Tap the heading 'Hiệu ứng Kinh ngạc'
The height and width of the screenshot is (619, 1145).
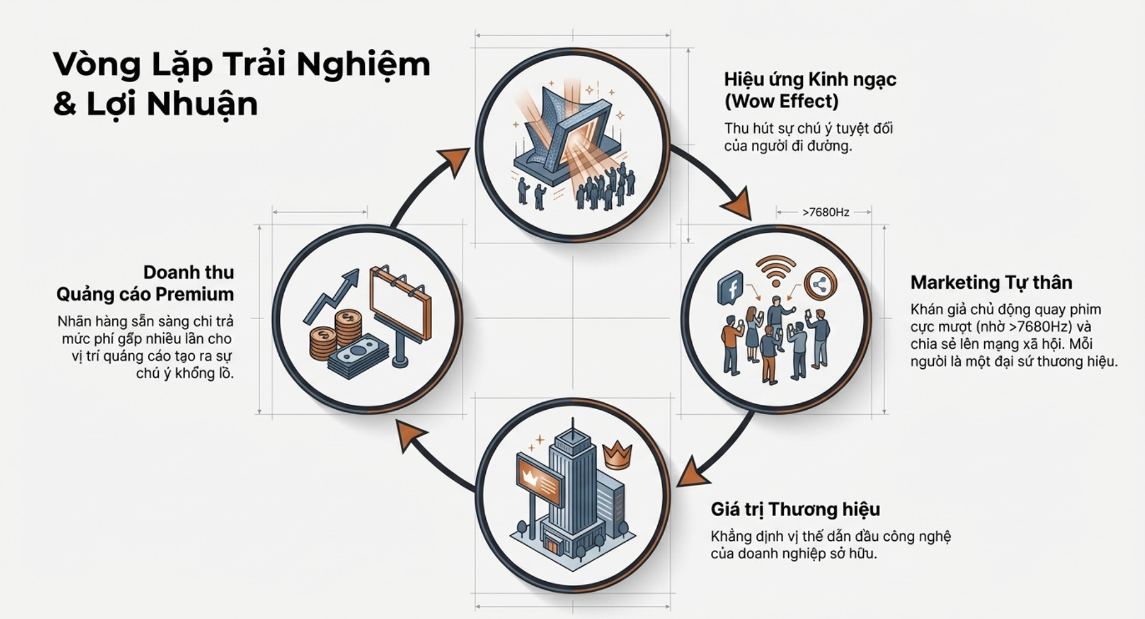[810, 79]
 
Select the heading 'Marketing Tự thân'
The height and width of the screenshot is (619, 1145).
[991, 282]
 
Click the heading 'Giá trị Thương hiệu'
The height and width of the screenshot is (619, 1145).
[795, 509]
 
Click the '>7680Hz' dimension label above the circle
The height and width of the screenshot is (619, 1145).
[825, 212]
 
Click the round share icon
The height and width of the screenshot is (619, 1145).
[820, 285]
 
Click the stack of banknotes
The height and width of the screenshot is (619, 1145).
[357, 357]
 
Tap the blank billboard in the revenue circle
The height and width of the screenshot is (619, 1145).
[400, 303]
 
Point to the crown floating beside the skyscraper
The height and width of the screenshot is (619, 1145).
[617, 454]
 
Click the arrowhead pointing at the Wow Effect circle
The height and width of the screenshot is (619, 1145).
[457, 160]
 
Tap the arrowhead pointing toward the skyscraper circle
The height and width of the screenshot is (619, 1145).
[691, 473]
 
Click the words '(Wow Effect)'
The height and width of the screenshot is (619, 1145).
[781, 101]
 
